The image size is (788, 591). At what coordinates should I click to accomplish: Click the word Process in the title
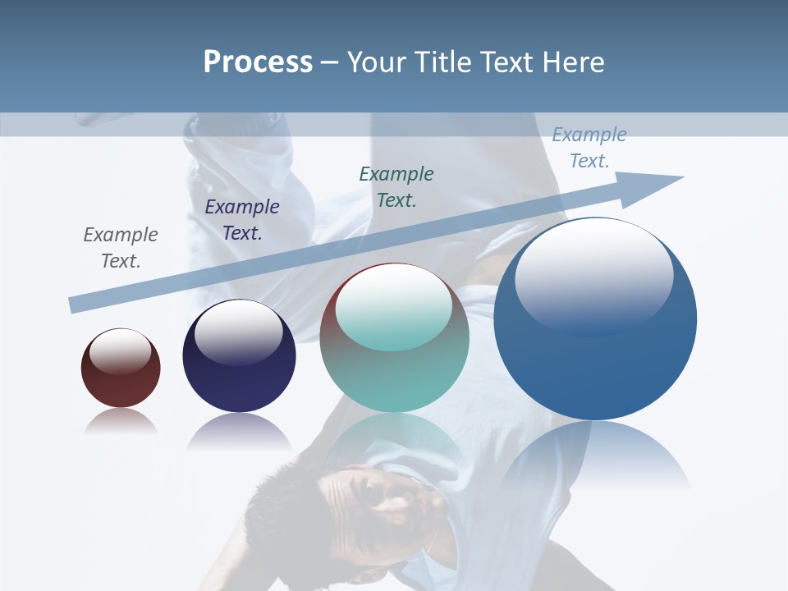pyautogui.click(x=258, y=62)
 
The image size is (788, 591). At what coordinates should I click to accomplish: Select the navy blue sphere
pyautogui.click(x=239, y=357)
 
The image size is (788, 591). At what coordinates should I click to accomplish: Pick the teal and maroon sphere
pyautogui.click(x=395, y=339)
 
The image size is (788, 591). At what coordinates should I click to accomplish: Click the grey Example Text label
pyautogui.click(x=121, y=247)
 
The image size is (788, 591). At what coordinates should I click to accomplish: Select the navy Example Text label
pyautogui.click(x=242, y=219)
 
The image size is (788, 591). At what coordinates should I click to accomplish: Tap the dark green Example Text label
pyautogui.click(x=396, y=186)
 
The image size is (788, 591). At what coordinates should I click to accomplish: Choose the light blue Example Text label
pyautogui.click(x=589, y=148)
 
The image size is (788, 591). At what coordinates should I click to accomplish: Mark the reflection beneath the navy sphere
pyautogui.click(x=239, y=430)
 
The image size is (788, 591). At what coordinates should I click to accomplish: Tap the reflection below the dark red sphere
pyautogui.click(x=121, y=420)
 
